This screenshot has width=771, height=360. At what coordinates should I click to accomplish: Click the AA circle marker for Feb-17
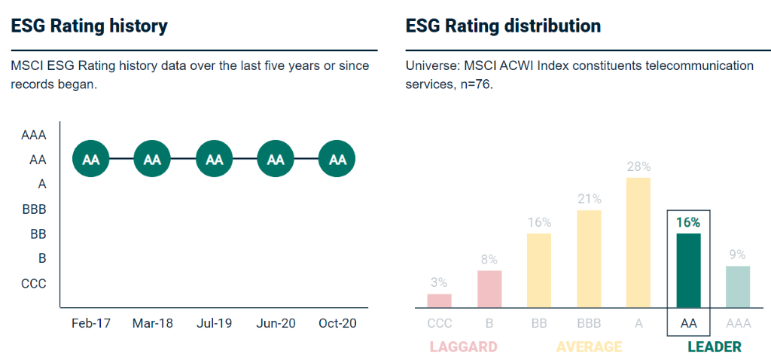click(x=90, y=160)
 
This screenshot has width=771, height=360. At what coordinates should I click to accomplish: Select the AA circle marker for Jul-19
click(x=215, y=160)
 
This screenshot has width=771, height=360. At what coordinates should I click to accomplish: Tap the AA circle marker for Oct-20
click(x=337, y=160)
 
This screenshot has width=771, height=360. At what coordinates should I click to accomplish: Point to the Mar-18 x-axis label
click(x=152, y=323)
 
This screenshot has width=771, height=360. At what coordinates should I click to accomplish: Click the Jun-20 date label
click(x=276, y=323)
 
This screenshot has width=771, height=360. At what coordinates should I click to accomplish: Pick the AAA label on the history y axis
click(x=34, y=136)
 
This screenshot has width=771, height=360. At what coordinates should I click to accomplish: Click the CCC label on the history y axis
click(x=34, y=283)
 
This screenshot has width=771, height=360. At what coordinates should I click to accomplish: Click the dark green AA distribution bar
click(x=689, y=270)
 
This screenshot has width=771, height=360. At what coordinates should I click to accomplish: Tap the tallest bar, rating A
click(x=638, y=243)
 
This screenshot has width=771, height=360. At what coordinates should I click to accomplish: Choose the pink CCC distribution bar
click(x=439, y=301)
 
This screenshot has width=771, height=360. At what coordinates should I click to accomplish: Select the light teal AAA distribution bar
click(x=738, y=287)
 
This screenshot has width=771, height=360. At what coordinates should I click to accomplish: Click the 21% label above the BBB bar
click(x=589, y=199)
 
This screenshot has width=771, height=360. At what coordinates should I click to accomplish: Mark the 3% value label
click(x=439, y=282)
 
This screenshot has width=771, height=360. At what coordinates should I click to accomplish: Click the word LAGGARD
click(x=463, y=346)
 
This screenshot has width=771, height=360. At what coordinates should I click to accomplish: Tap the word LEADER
click(x=715, y=346)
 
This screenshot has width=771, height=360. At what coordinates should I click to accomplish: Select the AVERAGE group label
click(x=589, y=346)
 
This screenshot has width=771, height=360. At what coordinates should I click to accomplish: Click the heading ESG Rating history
click(x=89, y=26)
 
